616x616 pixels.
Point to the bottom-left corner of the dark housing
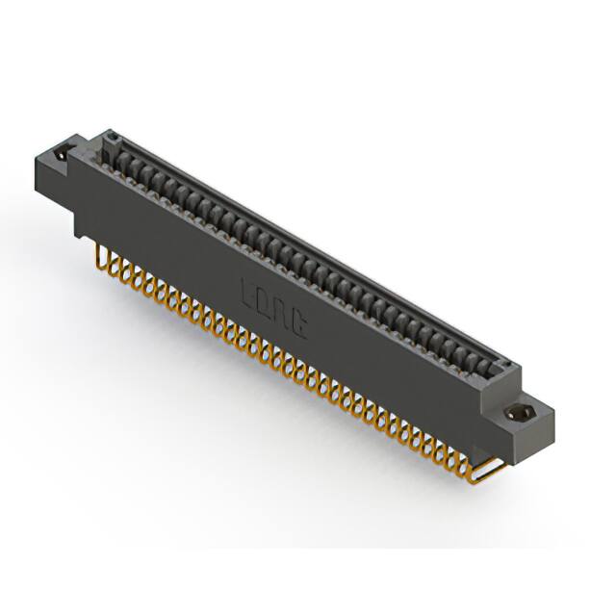pos(77,232)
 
